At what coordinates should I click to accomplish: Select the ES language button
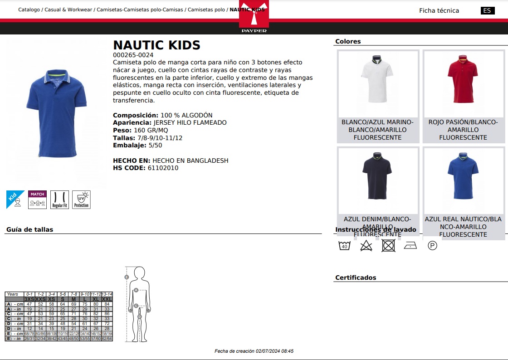tap(487, 11)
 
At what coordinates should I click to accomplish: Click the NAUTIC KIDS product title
tap(156, 45)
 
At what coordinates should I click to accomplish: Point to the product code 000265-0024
tap(133, 55)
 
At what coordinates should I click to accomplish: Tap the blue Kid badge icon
tap(15, 199)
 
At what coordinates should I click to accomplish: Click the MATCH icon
tap(38, 199)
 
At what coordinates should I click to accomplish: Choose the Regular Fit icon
tap(59, 199)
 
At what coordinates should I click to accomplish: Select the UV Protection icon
tap(82, 199)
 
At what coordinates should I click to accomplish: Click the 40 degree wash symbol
tap(344, 246)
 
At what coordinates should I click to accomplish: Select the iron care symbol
tap(410, 246)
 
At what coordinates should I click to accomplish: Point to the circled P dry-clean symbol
tap(432, 246)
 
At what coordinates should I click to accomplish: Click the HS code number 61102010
tap(163, 168)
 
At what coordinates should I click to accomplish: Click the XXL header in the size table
tap(107, 299)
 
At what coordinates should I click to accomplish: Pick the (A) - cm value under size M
tap(73, 304)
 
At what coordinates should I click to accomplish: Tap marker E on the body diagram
tap(127, 277)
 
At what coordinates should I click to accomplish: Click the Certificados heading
tap(356, 277)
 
